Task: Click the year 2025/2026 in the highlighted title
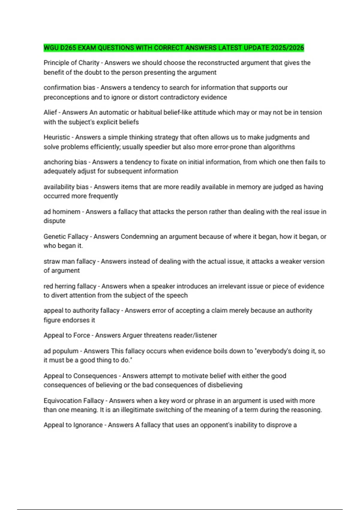point(287,48)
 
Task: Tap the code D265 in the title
point(67,48)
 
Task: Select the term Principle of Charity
point(71,63)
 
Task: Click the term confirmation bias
point(69,88)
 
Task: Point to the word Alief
point(50,112)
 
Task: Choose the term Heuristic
point(57,137)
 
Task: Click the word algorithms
point(279,147)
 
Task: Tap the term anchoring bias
point(65,162)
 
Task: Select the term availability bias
point(66,187)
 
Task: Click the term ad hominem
point(62,211)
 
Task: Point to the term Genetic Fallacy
point(66,236)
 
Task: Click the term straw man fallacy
point(70,261)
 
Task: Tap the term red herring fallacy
point(70,286)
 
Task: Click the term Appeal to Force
point(67,335)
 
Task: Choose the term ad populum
point(61,351)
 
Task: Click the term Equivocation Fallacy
point(73,400)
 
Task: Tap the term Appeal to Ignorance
point(73,425)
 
